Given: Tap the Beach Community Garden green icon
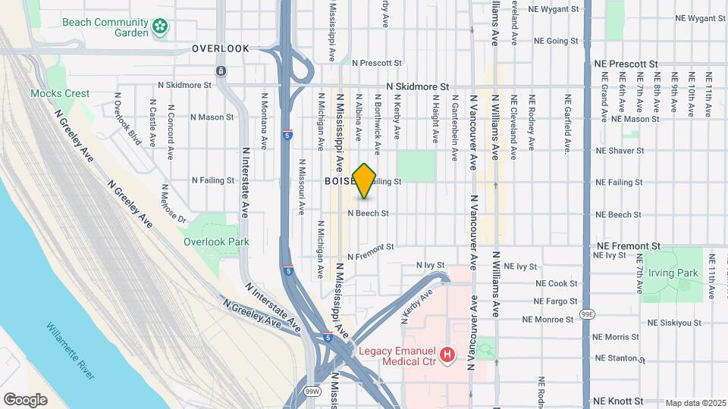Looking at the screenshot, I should tap(160, 28).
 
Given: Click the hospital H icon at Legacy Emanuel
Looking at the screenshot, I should tap(447, 354).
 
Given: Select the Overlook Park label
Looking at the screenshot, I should tap(216, 242).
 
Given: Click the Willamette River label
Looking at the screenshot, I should tap(70, 351).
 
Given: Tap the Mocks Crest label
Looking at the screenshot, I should tap(60, 93).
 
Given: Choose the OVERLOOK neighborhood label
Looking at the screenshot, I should tap(220, 48).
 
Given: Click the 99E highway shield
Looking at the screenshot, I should tap(587, 313).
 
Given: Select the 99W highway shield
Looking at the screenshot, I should tap(311, 391).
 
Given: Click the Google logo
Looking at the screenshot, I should tap(25, 399).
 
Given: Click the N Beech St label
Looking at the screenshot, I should tap(368, 214).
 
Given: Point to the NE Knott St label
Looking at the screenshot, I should tap(619, 401).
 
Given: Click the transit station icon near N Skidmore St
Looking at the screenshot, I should tap(220, 71).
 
